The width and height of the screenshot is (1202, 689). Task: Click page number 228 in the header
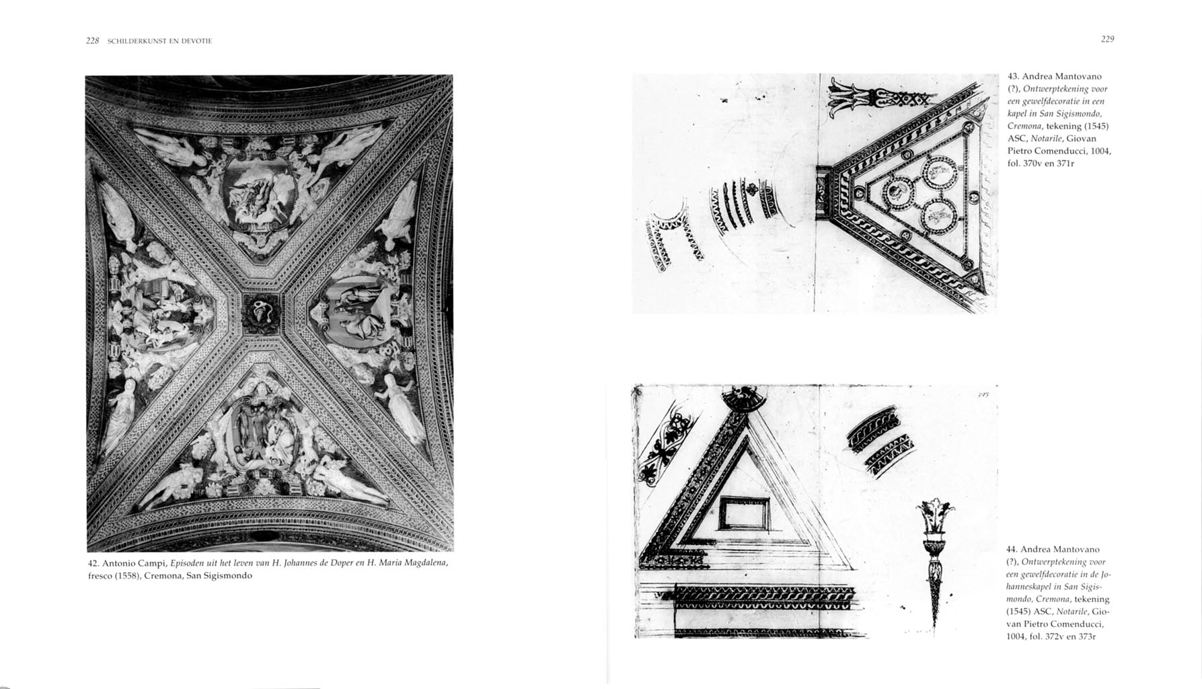pos(93,41)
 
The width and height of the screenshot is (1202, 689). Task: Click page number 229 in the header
pos(1108,39)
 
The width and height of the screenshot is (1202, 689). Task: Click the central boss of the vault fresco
pos(261,313)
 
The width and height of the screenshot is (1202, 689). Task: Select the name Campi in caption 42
pos(153,563)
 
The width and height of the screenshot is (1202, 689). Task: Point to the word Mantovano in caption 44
pos(1077,550)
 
